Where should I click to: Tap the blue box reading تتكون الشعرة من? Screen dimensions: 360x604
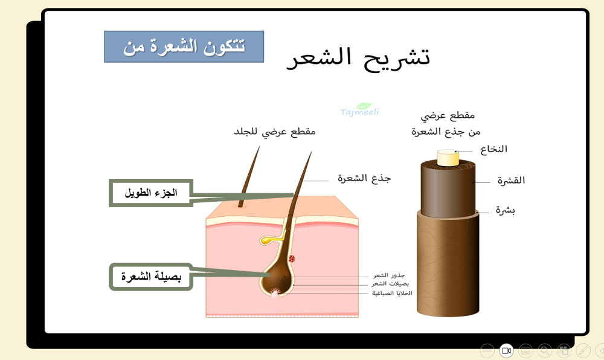pos(184,47)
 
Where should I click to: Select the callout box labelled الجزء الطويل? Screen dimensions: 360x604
pos(151,193)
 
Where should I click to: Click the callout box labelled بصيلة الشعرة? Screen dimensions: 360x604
pos(151,277)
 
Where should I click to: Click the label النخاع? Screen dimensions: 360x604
pos(493,149)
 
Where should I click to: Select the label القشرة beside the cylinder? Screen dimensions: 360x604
pos(511,180)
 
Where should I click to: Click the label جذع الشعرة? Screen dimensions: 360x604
pos(364,178)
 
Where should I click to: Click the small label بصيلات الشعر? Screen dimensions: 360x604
pos(390,284)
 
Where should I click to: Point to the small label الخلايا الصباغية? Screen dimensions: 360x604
pos(392,293)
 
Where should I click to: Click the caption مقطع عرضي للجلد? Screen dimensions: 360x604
pos(275,131)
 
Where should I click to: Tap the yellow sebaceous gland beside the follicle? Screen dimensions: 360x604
pos(269,240)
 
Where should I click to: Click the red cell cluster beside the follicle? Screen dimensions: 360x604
pos(292,259)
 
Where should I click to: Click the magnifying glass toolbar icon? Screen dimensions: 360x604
pos(545,350)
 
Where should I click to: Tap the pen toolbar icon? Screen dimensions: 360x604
pos(583,350)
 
